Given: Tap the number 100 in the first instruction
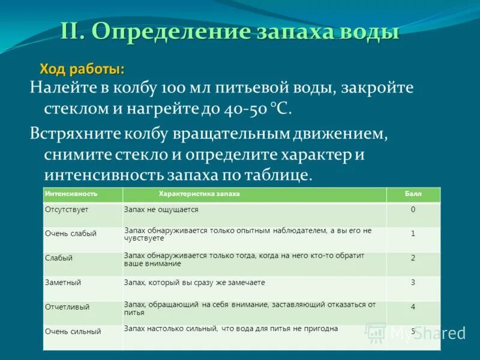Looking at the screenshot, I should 172,88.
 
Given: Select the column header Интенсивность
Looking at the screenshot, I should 70,194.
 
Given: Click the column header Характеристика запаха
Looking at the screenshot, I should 199,194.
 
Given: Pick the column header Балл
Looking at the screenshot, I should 413,194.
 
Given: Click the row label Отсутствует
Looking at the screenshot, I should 66,210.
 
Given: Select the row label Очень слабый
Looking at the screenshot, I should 70,234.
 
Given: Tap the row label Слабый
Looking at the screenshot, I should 58,258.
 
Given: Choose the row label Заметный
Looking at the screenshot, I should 62,282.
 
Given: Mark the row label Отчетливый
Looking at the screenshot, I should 67,307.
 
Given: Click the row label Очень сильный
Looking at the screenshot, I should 73,331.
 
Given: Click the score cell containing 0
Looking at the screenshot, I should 413,210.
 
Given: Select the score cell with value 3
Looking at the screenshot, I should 413,282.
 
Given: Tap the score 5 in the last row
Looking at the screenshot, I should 413,331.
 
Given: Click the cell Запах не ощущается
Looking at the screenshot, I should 161,210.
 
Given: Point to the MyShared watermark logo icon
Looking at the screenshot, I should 376,332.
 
